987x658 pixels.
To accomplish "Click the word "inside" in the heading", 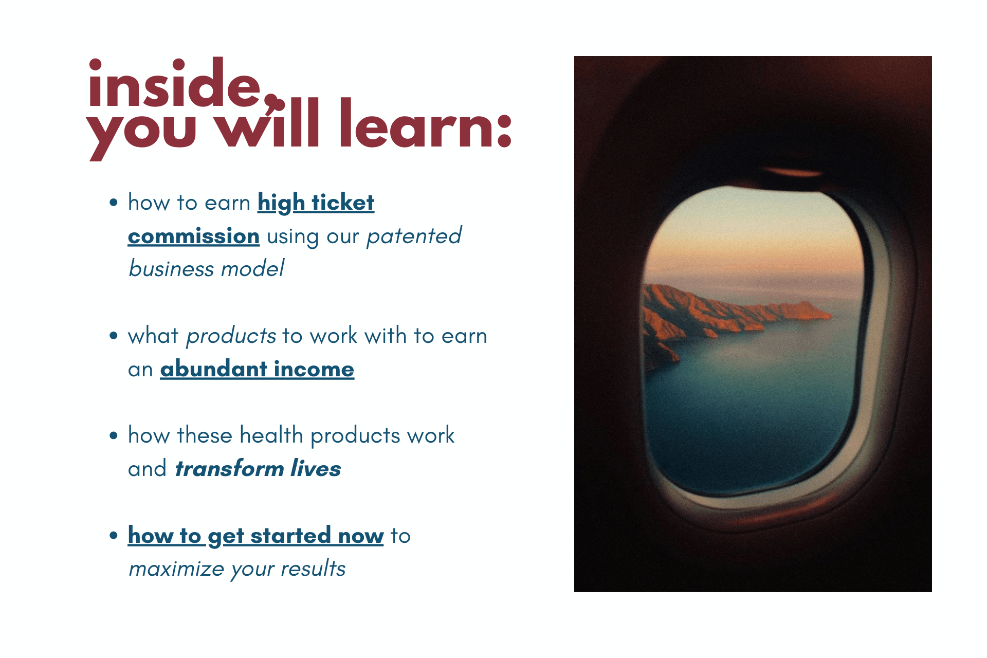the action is (x=175, y=83).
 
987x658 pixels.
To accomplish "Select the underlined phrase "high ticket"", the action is (x=316, y=203).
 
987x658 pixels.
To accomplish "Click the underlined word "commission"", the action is (x=194, y=236).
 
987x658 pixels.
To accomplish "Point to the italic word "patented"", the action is (x=414, y=236).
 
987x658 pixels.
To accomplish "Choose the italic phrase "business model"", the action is (x=206, y=269).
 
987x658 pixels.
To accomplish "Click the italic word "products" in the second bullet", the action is (x=231, y=336).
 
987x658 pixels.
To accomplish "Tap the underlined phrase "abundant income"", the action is (x=257, y=369).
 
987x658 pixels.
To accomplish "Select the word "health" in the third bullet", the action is (x=271, y=435).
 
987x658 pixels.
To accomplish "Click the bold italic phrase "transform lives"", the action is (x=258, y=469).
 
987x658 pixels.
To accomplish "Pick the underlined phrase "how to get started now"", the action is (x=255, y=536).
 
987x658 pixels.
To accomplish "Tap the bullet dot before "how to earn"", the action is (x=114, y=203).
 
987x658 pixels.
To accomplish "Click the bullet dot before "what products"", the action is (x=114, y=336).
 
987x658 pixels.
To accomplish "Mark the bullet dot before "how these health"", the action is (x=114, y=436).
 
